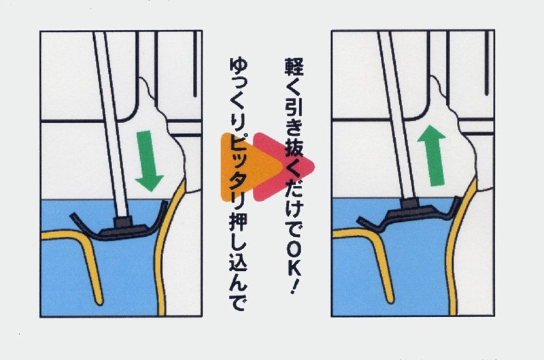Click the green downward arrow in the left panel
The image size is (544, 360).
(149, 161)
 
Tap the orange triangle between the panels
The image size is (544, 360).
(250, 167)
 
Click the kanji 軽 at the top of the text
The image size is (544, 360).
(294, 67)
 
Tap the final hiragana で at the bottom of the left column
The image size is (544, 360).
(239, 301)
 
